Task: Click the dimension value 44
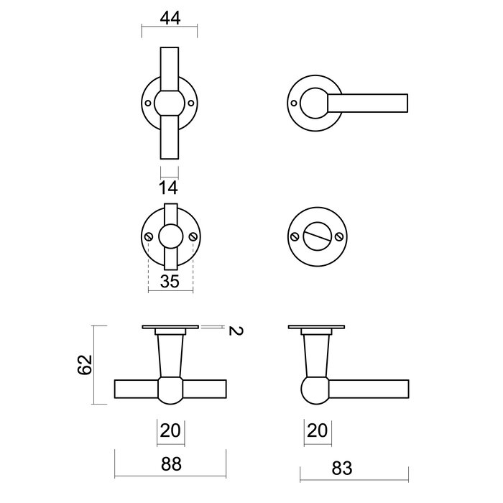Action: click(170, 19)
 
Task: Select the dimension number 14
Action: click(169, 188)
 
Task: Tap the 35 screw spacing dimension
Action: click(170, 281)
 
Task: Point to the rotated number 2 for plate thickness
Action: click(233, 331)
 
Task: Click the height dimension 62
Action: click(84, 365)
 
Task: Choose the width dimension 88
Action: click(170, 466)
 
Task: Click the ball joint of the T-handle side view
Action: click(170, 390)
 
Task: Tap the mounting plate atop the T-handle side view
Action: click(170, 329)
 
